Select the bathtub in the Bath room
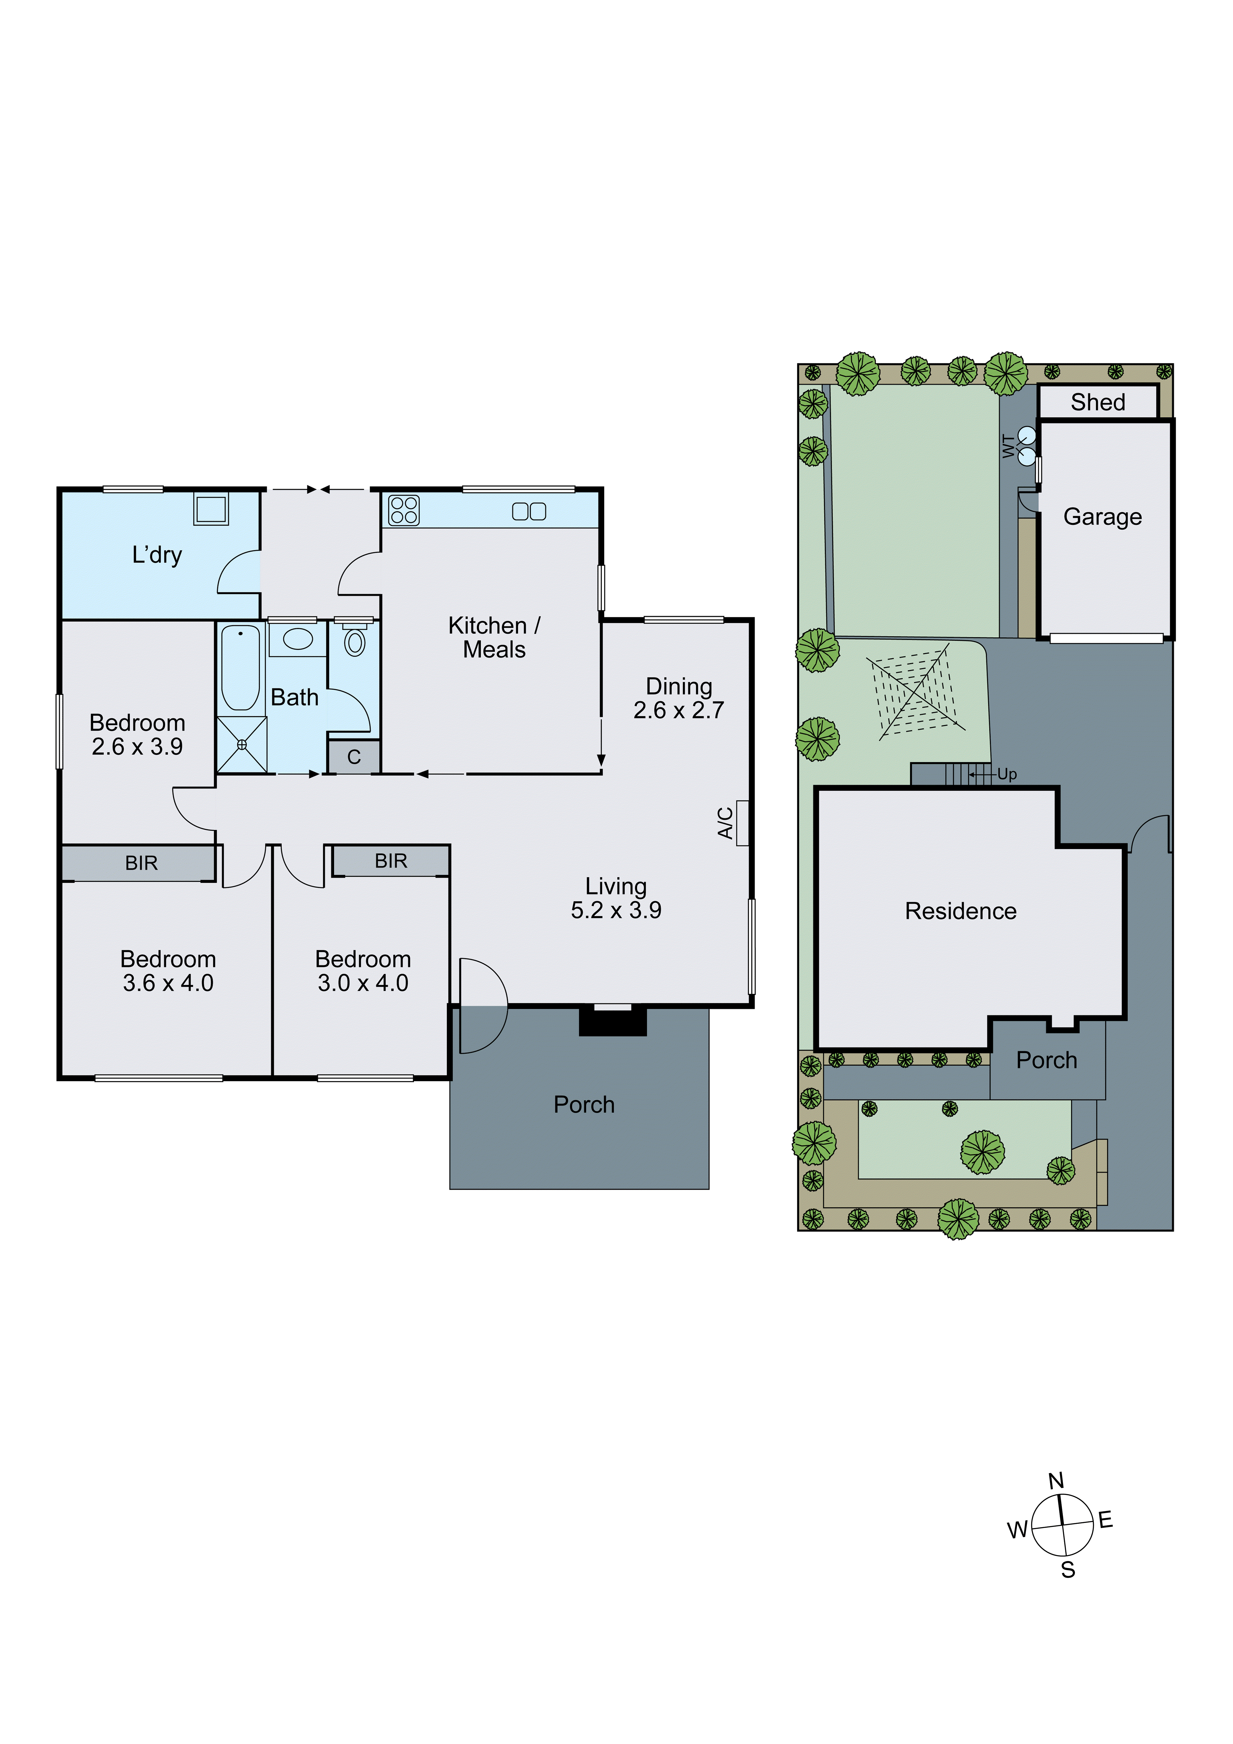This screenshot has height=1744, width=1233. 241,667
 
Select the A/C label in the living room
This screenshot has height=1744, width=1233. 725,822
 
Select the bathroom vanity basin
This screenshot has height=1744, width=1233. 298,639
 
